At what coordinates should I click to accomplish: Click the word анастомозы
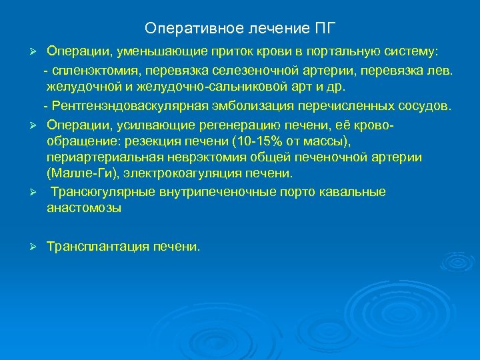point(84,209)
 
